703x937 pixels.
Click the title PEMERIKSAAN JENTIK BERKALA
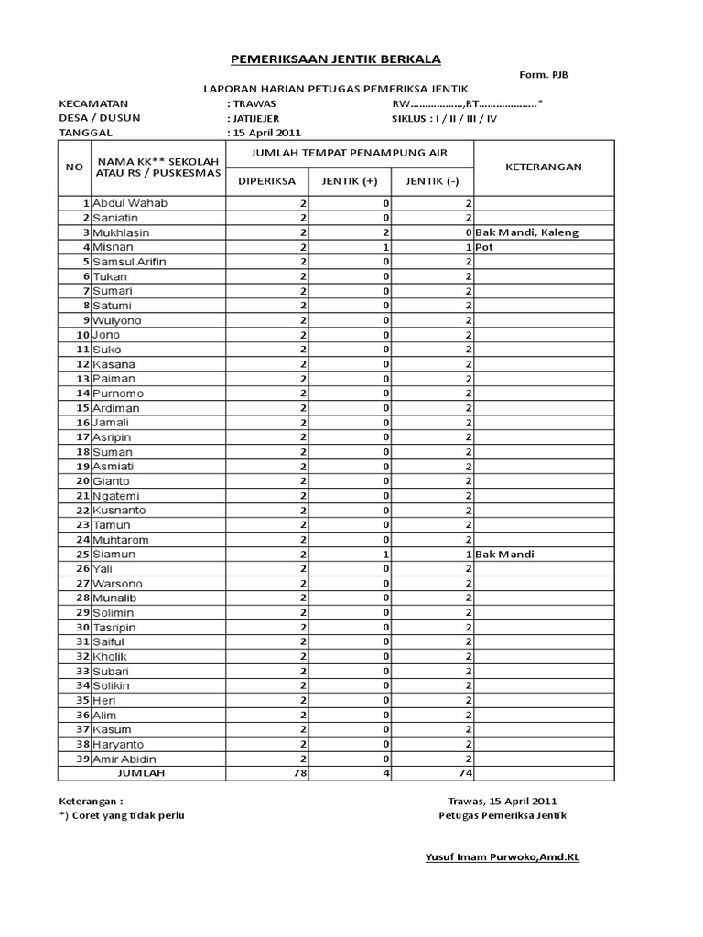tap(334, 59)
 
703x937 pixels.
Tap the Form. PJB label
tap(546, 75)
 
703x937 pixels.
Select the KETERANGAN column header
tap(544, 167)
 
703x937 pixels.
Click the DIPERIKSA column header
tap(266, 181)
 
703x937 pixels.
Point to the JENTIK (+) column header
tap(350, 181)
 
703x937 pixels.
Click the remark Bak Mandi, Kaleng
tap(527, 232)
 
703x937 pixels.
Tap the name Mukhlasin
tap(125, 232)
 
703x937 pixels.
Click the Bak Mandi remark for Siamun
tap(505, 554)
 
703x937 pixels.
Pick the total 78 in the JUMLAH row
tap(298, 773)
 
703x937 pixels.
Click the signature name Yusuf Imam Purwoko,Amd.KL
tap(503, 857)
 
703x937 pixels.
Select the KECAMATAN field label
tap(94, 103)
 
